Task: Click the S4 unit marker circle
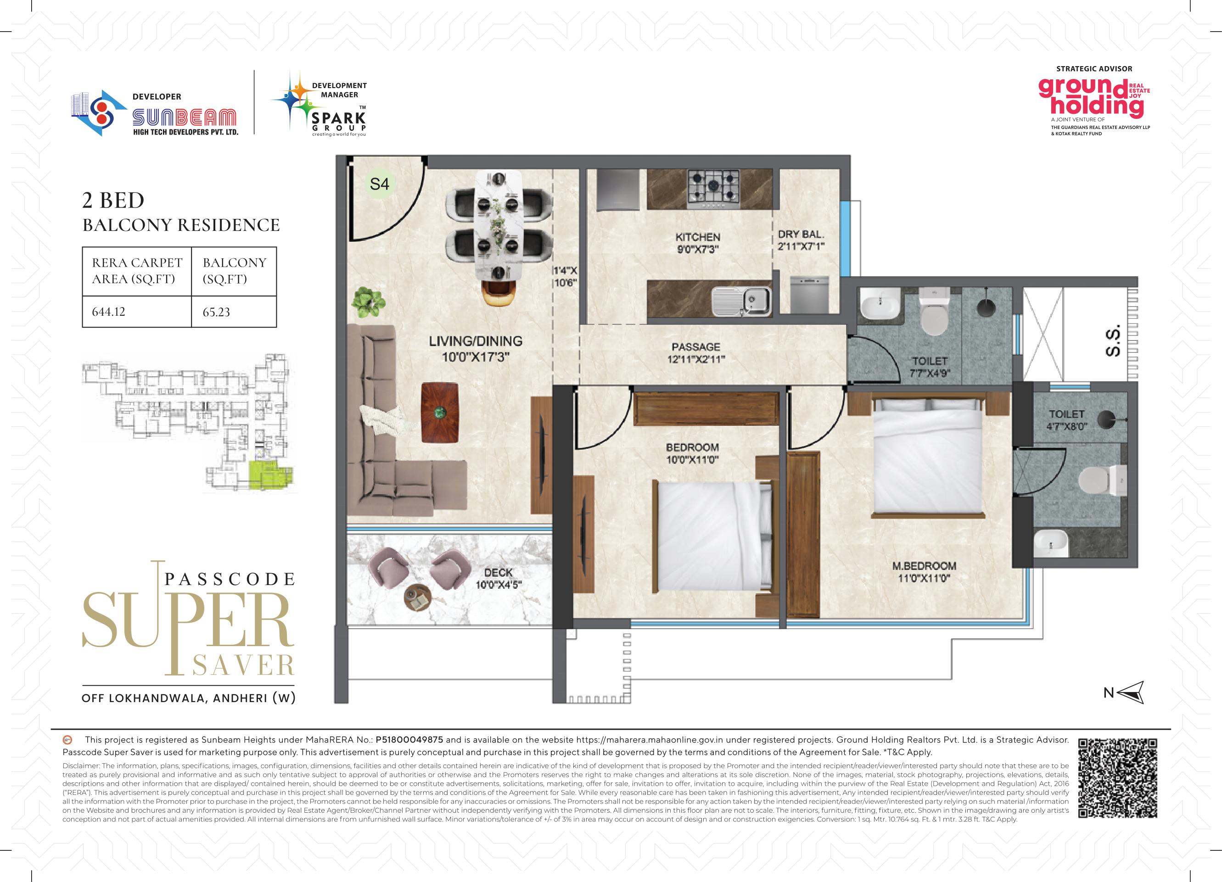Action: pyautogui.click(x=379, y=184)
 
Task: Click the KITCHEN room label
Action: pyautogui.click(x=698, y=237)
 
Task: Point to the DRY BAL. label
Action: pyautogui.click(x=801, y=234)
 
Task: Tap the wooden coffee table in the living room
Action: pyautogui.click(x=440, y=413)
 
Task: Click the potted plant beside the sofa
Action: pyautogui.click(x=369, y=302)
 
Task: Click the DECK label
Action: pyautogui.click(x=498, y=572)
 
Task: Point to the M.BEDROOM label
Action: pyautogui.click(x=924, y=566)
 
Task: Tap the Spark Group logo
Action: pyautogui.click(x=319, y=104)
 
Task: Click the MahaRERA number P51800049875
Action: pyautogui.click(x=409, y=740)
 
